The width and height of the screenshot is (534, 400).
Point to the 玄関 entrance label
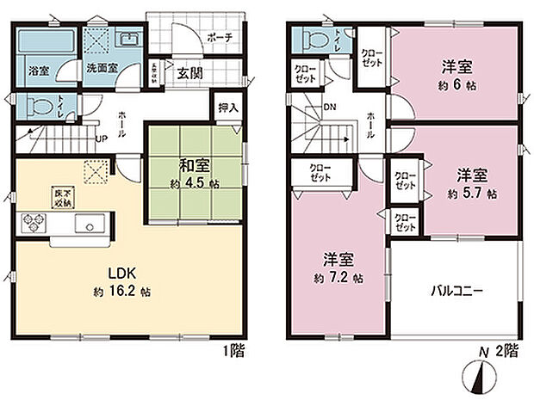pyautogui.click(x=190, y=72)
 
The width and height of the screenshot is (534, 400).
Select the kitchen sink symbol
pyautogui.click(x=89, y=224)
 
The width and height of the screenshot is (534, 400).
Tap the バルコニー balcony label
pyautogui.click(x=456, y=291)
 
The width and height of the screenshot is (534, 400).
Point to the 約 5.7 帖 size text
pyautogui.click(x=472, y=194)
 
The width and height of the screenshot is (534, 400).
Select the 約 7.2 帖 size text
pyautogui.click(x=338, y=279)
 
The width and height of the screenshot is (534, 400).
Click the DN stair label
pyautogui.click(x=328, y=108)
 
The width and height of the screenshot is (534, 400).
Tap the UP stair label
pyautogui.click(x=102, y=138)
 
